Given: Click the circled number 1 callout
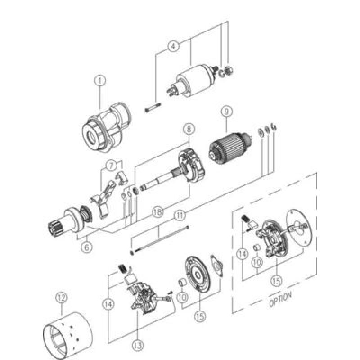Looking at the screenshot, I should [100, 81].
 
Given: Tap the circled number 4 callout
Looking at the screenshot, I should [174, 45].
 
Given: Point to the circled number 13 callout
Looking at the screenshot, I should [137, 345].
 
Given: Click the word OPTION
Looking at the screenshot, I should [280, 299].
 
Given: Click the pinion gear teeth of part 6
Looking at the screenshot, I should [55, 227].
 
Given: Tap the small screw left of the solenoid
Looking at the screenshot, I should [153, 108].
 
